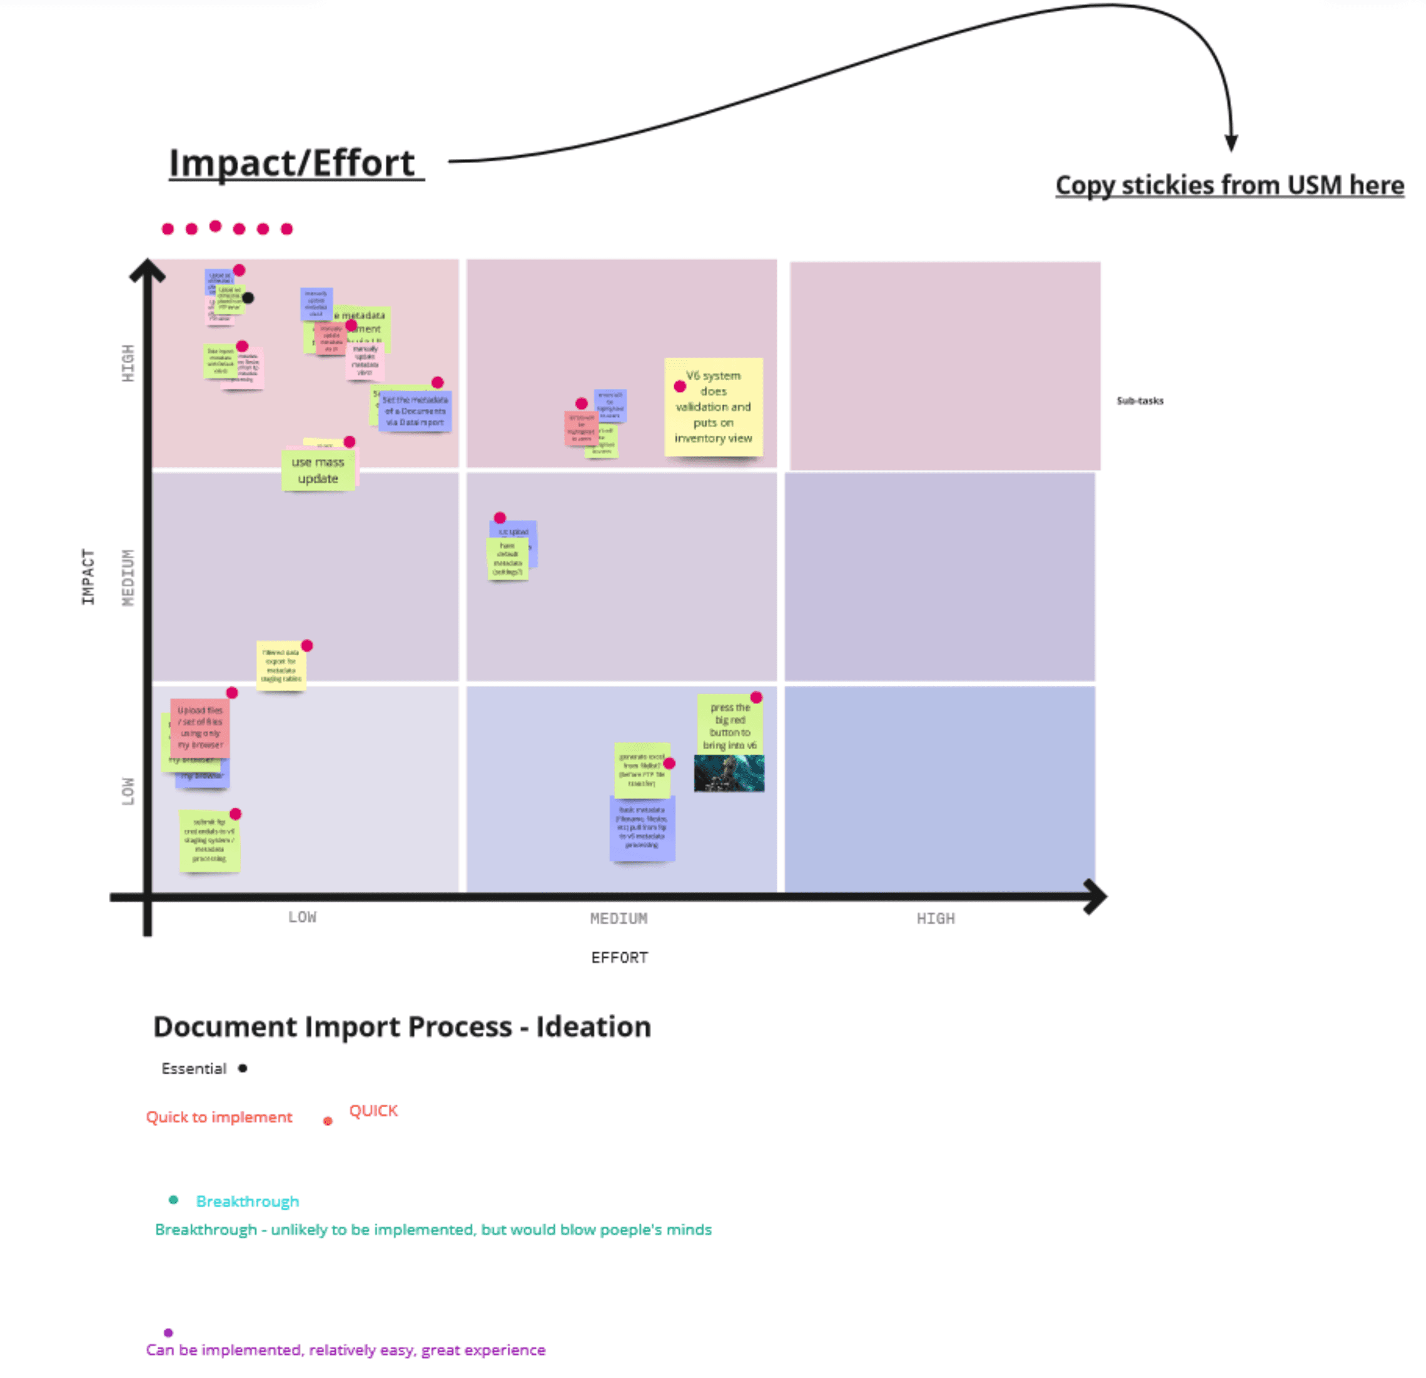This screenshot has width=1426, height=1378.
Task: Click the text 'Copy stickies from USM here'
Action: point(1229,186)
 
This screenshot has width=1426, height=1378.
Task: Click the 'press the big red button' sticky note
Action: point(729,726)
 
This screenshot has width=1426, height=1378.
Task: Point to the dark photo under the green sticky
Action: point(729,773)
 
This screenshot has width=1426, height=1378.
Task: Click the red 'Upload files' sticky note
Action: point(200,728)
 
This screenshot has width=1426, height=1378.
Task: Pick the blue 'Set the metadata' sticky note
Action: point(415,412)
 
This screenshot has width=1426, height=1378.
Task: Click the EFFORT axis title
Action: point(619,958)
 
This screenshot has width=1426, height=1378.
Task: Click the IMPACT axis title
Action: point(88,576)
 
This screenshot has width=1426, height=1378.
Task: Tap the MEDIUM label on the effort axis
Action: point(619,918)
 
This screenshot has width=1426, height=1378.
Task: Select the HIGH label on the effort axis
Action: point(935,918)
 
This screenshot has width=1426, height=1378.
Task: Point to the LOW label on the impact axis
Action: point(128,791)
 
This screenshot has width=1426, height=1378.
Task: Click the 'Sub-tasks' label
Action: point(1140,401)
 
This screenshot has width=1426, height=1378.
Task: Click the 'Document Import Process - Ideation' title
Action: point(402,1027)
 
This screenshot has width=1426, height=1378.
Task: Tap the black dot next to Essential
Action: point(242,1069)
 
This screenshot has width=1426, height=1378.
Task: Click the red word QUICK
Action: point(373,1110)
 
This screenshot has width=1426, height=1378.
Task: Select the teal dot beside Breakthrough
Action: point(173,1200)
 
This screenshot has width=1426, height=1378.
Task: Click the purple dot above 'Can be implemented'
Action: point(168,1332)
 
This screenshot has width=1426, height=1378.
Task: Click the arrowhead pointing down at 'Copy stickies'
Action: point(1231,143)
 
